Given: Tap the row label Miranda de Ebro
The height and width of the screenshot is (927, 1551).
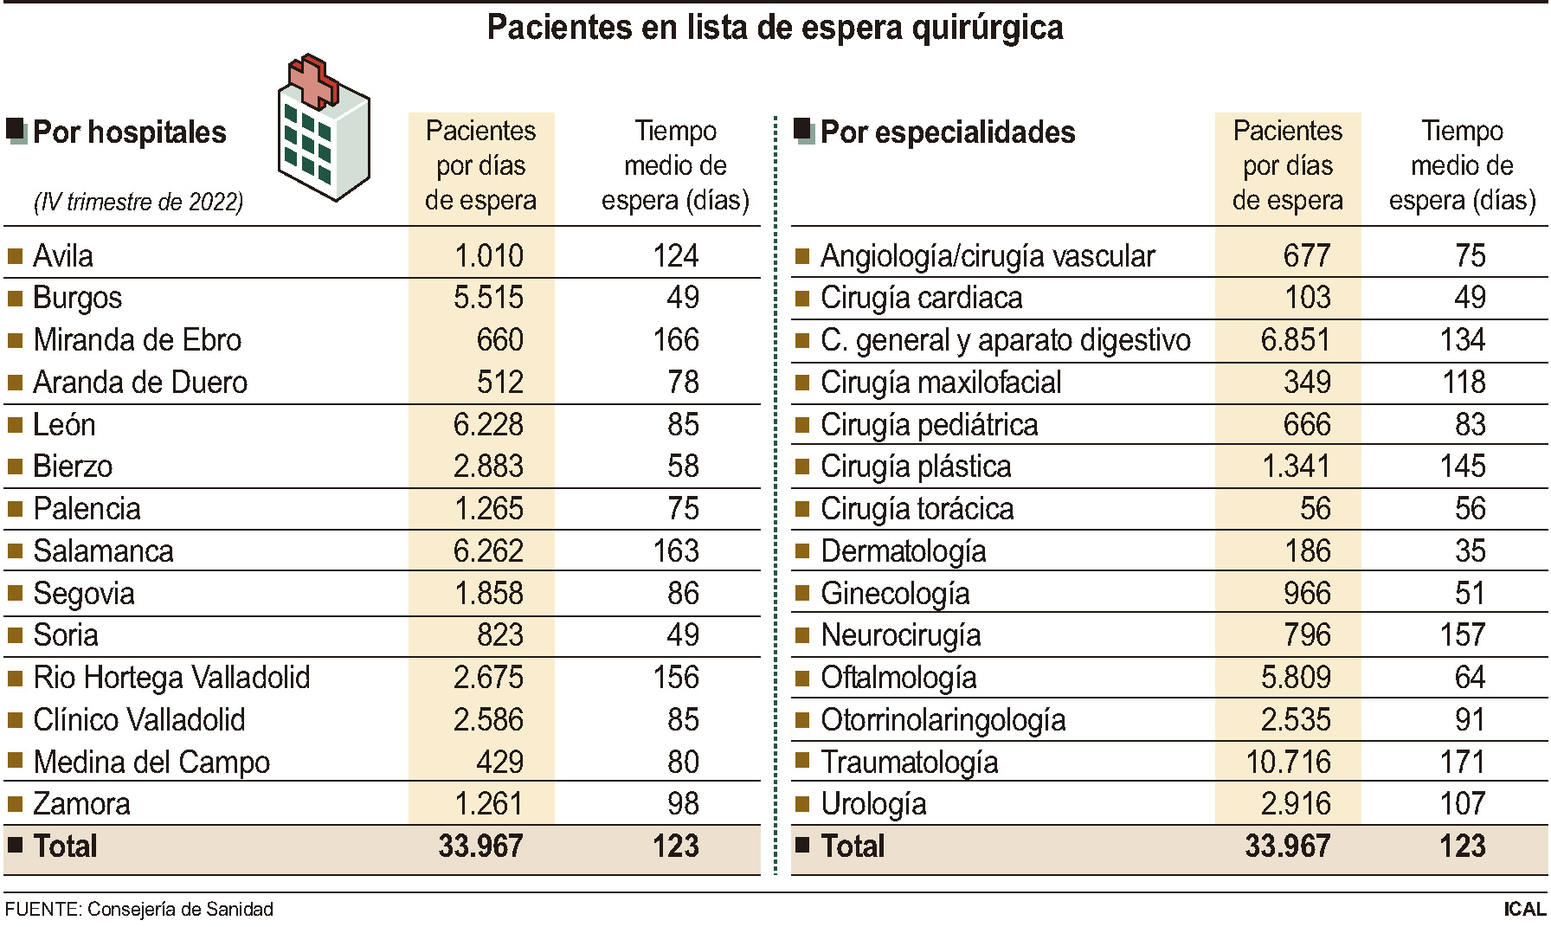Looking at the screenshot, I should [137, 340].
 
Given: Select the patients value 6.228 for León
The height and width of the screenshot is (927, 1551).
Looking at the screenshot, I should [488, 425].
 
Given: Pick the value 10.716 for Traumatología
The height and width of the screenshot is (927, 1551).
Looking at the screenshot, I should [1288, 763].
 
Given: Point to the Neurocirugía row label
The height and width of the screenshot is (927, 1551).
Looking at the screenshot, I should [900, 635].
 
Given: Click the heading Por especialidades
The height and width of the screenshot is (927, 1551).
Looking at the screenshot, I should [947, 132].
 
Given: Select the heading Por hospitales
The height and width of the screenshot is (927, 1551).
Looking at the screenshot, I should [129, 132].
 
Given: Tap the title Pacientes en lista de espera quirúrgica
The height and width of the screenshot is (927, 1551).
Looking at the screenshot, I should [775, 28].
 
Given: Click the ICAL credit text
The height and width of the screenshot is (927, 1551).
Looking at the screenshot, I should [1524, 910].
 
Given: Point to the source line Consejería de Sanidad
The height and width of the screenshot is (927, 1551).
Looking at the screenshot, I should [138, 910].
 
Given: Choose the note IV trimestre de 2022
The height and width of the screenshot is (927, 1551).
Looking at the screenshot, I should [138, 203].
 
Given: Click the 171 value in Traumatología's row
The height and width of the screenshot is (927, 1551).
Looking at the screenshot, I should [1463, 763].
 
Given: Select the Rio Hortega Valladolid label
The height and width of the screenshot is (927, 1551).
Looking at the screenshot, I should [171, 678].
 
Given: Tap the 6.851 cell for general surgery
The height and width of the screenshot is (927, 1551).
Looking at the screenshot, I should [1295, 340].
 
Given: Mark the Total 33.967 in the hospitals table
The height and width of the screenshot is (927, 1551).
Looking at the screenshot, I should [480, 847].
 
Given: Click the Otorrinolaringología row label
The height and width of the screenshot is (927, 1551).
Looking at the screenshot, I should [943, 720].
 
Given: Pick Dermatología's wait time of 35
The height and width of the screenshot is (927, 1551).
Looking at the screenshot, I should [1470, 551].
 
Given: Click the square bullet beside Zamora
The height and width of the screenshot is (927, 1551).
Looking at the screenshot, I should [15, 804].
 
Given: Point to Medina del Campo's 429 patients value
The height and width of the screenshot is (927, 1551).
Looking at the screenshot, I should [499, 763].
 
